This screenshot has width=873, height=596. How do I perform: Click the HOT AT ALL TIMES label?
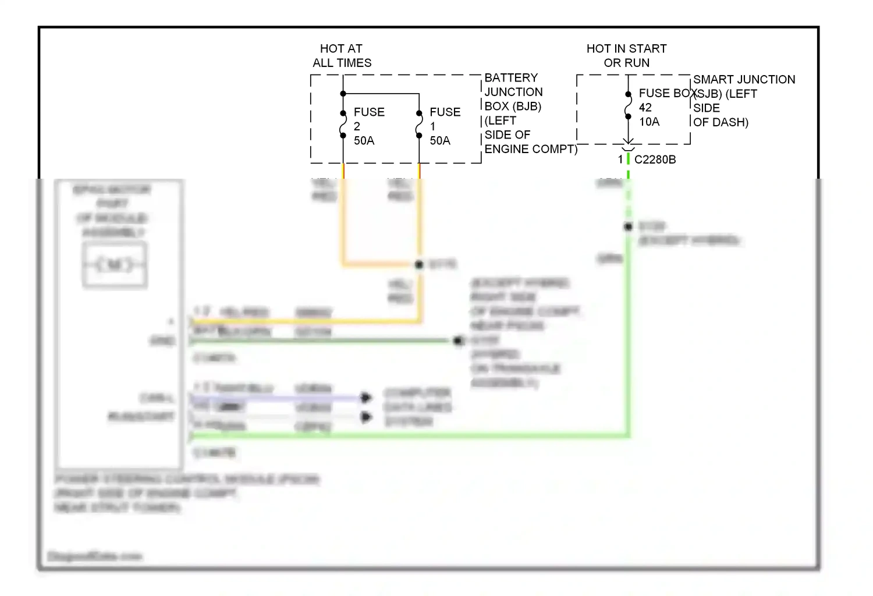click(x=342, y=56)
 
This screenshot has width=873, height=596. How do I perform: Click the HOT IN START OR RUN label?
click(x=626, y=56)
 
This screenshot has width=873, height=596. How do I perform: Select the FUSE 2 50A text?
click(x=369, y=126)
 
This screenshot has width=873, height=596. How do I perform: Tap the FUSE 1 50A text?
click(x=445, y=126)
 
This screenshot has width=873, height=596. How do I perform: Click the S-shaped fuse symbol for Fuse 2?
click(x=343, y=125)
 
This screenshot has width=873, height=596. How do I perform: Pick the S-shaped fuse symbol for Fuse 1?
click(x=419, y=125)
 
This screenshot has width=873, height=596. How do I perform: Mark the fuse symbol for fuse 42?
click(x=628, y=105)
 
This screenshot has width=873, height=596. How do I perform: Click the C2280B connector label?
click(x=655, y=159)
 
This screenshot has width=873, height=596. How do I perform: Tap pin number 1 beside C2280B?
click(x=620, y=159)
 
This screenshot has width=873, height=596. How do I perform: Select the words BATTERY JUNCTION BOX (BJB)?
click(x=513, y=92)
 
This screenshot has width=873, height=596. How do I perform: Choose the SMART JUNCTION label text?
click(x=744, y=80)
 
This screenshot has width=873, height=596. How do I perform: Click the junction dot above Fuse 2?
click(x=343, y=94)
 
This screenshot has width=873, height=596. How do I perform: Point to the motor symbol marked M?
click(x=115, y=265)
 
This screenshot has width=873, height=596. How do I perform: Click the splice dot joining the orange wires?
click(x=419, y=265)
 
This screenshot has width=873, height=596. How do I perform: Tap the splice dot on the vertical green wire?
click(x=628, y=226)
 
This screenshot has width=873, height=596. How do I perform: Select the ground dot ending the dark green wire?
click(x=459, y=340)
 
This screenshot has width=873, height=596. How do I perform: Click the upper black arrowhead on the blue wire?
click(x=366, y=398)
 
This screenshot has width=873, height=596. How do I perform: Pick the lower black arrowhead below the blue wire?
click(x=366, y=417)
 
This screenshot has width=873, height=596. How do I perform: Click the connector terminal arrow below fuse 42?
click(x=628, y=141)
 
